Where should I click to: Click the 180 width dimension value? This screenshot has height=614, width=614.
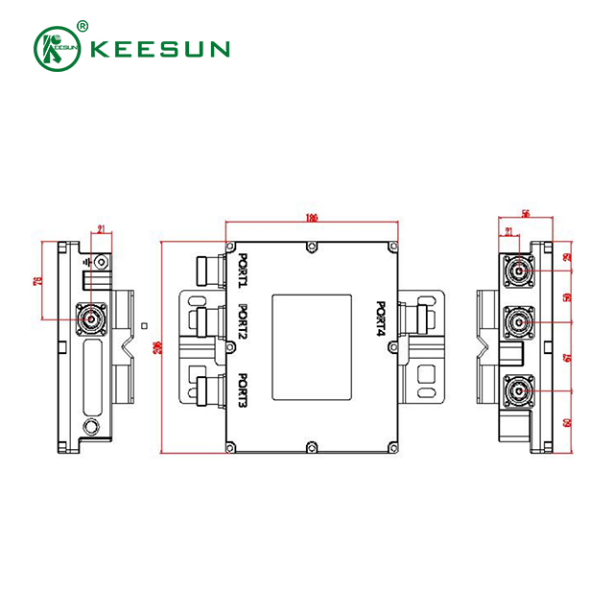click(x=311, y=218)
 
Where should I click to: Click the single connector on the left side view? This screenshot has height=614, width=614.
click(x=93, y=317)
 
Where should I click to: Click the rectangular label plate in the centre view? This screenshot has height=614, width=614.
click(x=311, y=347)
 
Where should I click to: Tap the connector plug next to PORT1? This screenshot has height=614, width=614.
click(x=207, y=271)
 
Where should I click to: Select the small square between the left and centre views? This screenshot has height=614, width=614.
click(x=144, y=326)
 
